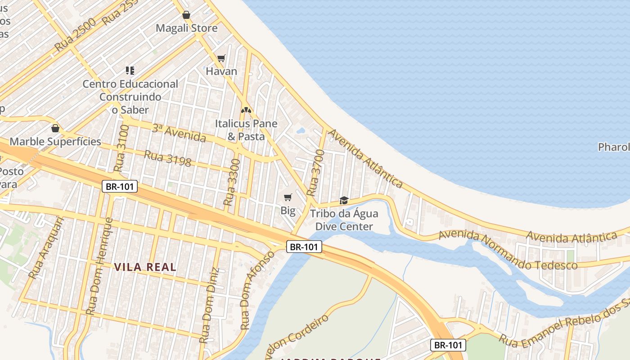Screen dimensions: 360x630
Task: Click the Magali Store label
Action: click(x=186, y=28)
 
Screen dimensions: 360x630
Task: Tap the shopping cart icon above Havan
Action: click(x=221, y=58)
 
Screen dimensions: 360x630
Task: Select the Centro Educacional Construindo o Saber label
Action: click(x=130, y=96)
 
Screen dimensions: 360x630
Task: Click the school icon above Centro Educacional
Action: click(x=130, y=70)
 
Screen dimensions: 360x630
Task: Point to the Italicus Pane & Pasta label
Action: click(x=246, y=130)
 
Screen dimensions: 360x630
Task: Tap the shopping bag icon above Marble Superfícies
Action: click(x=55, y=128)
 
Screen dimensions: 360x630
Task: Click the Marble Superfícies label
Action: click(x=55, y=142)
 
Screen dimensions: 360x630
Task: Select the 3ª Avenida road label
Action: click(x=179, y=133)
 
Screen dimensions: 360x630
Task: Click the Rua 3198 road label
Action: click(x=167, y=158)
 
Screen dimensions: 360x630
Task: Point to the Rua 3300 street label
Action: click(x=232, y=182)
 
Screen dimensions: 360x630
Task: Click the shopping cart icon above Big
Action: click(x=288, y=197)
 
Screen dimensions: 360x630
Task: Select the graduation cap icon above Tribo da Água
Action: click(x=344, y=200)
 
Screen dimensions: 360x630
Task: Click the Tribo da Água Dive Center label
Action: click(x=344, y=220)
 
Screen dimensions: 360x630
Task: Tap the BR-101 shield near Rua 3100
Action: click(x=119, y=186)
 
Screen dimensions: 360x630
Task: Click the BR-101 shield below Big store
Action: click(x=304, y=247)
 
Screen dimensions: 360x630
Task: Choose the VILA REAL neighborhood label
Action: click(x=145, y=267)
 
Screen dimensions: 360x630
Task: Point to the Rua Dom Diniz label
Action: click(x=210, y=306)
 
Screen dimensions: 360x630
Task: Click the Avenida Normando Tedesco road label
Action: click(x=508, y=250)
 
